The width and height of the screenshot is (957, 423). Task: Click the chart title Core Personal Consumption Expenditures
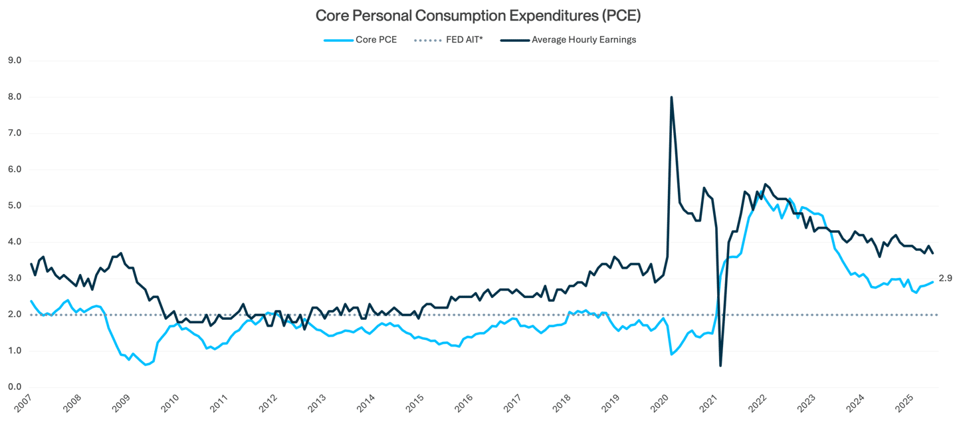pos(478,15)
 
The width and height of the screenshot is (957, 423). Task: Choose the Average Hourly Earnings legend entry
pos(584,40)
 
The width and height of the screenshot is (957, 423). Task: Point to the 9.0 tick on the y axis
pos(14,61)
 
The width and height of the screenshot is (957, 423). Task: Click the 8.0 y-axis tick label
pos(14,97)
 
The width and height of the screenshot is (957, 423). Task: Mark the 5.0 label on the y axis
pos(14,206)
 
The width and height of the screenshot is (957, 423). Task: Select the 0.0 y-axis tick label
pos(14,387)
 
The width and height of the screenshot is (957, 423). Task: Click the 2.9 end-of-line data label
pos(945,279)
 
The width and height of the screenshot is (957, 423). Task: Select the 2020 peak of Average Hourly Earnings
pos(671,97)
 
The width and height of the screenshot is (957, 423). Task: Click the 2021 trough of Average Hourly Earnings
pos(720,365)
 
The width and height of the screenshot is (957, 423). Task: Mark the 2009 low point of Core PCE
pos(147,364)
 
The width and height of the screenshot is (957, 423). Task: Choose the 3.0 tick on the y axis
pos(14,279)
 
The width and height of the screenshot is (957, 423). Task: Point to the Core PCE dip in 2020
pos(672,354)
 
